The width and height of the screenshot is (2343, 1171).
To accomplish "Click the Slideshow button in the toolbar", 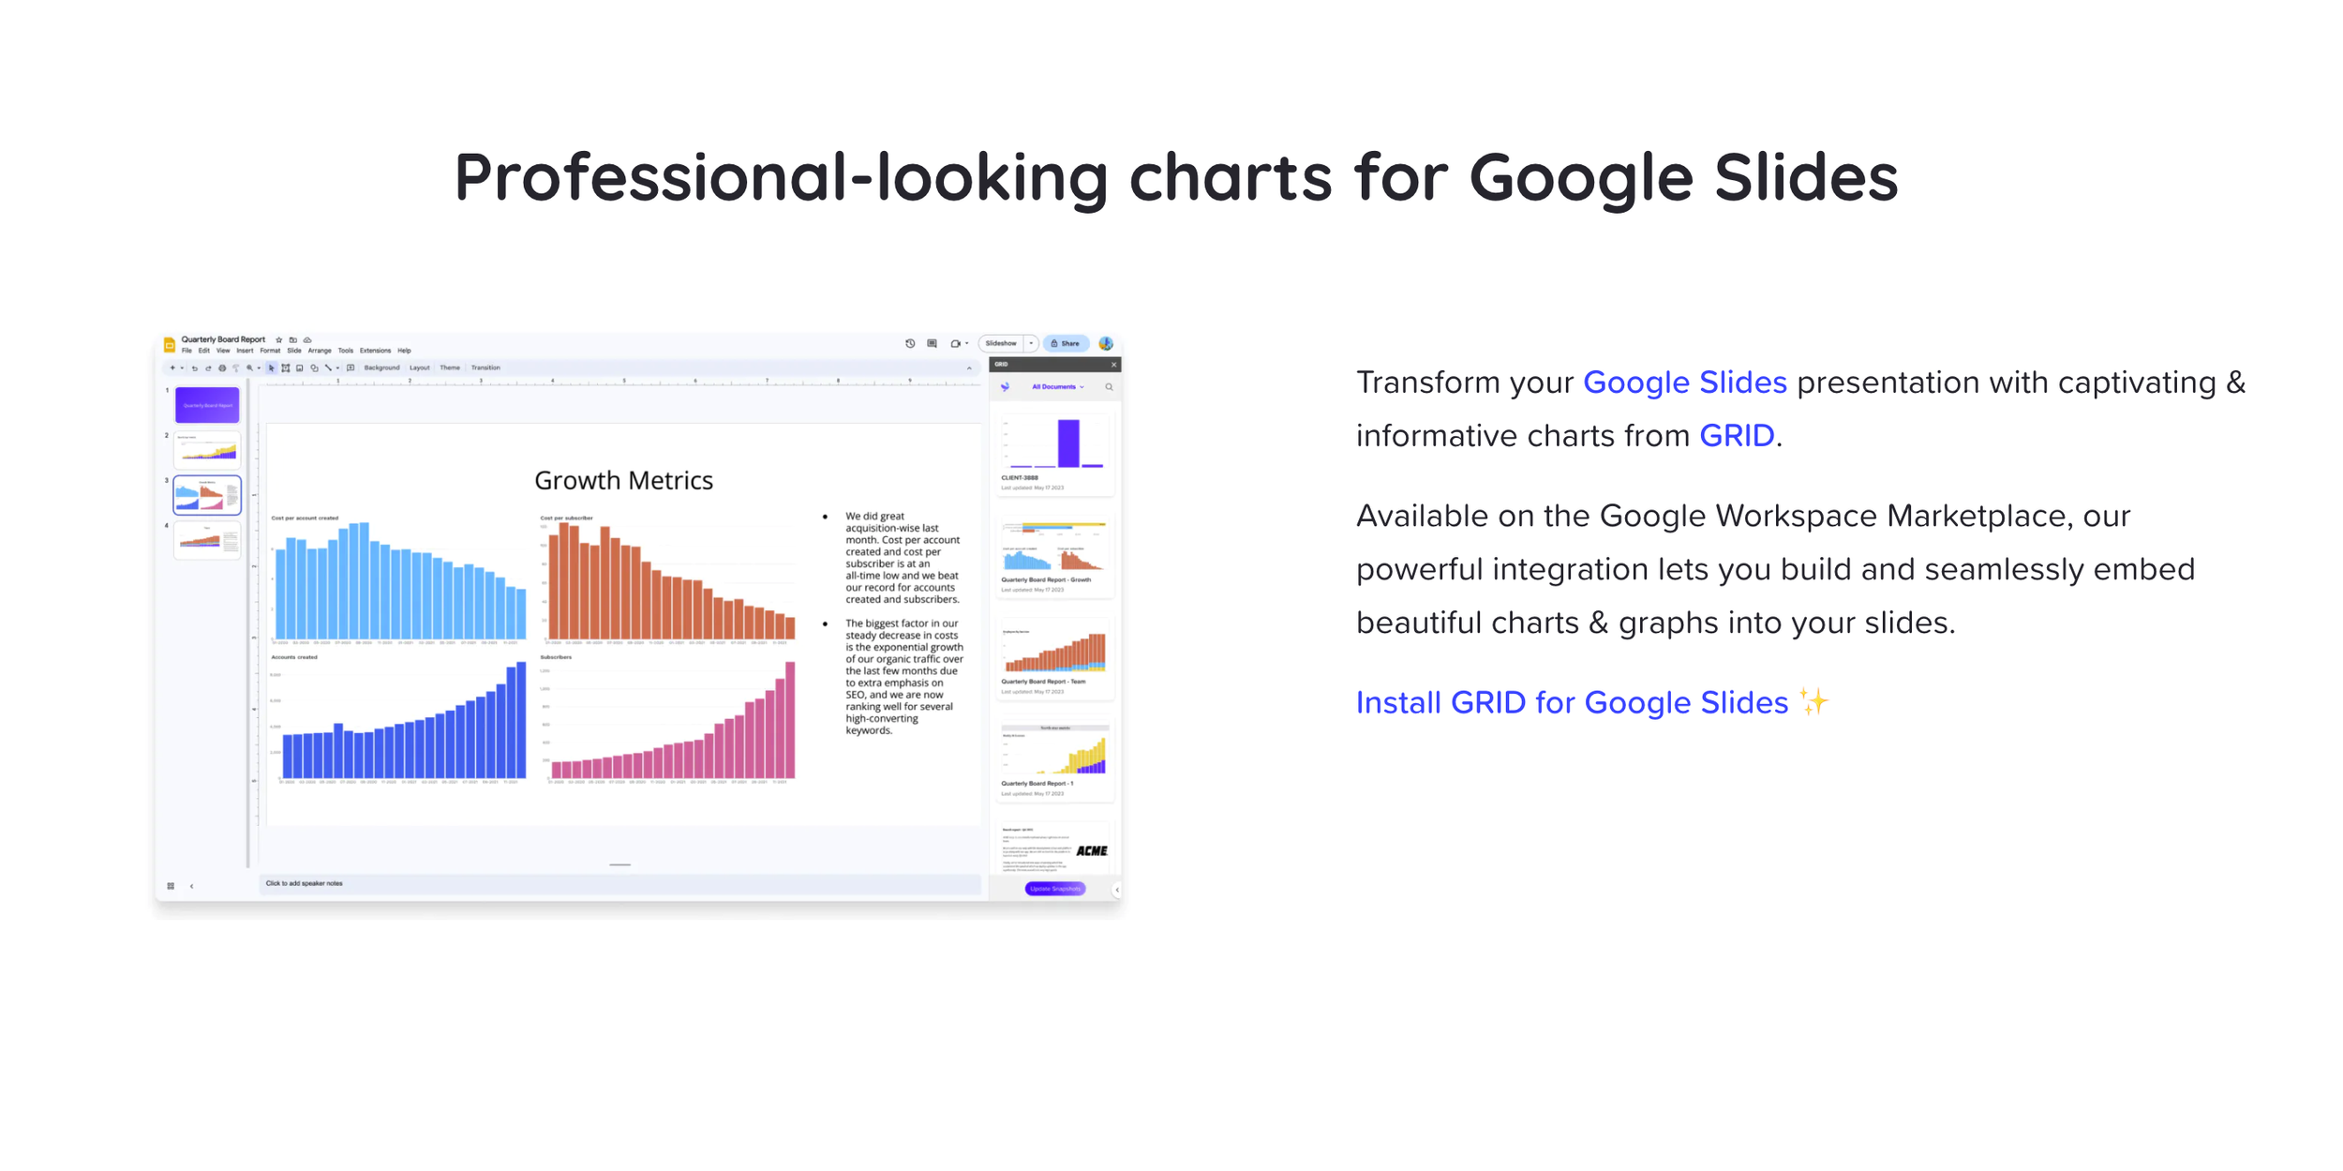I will [x=1000, y=343].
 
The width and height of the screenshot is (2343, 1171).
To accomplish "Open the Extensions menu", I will [x=375, y=351].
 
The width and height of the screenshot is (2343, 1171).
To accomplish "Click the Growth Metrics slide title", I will [x=623, y=480].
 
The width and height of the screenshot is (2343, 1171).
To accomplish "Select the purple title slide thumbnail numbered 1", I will [x=207, y=405].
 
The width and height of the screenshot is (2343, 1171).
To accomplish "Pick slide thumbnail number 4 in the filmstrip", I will [x=207, y=541].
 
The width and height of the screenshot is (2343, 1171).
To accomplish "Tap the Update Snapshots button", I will [x=1054, y=888].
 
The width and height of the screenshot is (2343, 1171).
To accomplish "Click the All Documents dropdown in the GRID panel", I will [x=1056, y=386].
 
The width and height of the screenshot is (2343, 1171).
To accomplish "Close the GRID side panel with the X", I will [x=1113, y=365].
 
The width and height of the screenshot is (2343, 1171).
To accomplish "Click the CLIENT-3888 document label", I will [x=1020, y=477].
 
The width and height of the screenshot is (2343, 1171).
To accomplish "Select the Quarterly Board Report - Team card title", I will [x=1043, y=682].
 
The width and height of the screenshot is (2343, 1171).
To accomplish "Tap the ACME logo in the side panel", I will [x=1091, y=850].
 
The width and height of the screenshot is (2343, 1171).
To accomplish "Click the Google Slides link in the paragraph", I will [x=1684, y=383].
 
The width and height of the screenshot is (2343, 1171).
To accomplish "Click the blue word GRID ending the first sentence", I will [x=1736, y=436].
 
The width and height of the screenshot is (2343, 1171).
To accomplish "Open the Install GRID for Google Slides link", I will [x=1572, y=702].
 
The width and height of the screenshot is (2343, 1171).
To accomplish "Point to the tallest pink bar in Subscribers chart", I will [x=790, y=720].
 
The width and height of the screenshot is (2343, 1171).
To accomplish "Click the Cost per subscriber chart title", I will [x=566, y=518].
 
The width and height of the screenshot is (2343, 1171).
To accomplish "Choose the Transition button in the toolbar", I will [x=485, y=368].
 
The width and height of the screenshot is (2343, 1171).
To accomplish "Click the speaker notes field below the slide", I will [x=619, y=883].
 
